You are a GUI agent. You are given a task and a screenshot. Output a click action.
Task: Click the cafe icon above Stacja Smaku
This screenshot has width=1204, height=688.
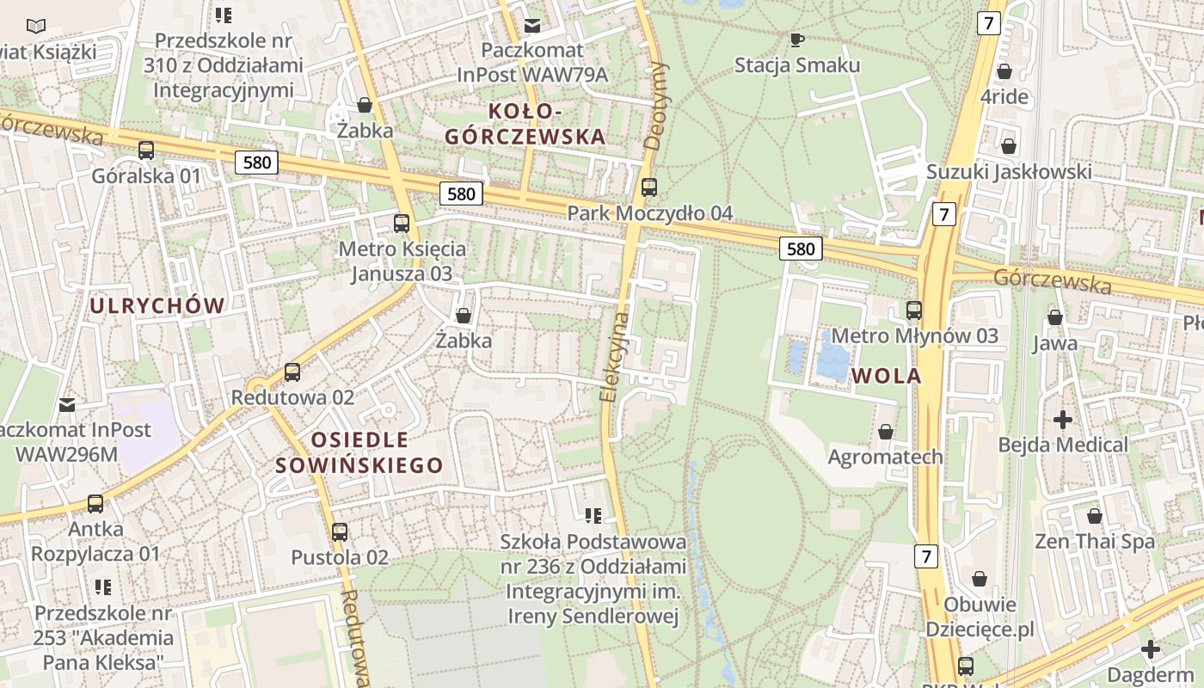point(796,39)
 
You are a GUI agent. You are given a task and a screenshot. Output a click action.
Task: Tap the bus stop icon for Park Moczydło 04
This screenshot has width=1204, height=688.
point(649,187)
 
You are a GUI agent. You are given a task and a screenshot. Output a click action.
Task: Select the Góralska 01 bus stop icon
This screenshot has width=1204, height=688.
point(146,150)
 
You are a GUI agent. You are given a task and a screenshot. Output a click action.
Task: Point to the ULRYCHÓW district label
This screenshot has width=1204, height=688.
point(157,305)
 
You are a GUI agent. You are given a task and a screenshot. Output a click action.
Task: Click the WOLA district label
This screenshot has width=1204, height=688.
point(886,376)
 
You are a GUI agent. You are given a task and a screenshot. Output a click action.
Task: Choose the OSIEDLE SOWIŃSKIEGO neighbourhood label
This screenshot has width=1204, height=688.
point(359,453)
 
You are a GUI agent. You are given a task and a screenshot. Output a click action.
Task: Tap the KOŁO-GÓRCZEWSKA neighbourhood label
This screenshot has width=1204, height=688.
point(525,124)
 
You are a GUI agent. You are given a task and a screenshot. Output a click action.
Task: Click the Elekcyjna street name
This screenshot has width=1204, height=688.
point(614,357)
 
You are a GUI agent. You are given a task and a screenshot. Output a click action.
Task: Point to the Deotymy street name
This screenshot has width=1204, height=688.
point(656,106)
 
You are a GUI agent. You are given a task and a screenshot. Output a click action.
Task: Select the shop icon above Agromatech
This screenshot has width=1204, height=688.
point(886,431)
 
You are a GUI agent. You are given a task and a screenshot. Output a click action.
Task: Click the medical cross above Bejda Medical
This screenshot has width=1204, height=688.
point(1063,420)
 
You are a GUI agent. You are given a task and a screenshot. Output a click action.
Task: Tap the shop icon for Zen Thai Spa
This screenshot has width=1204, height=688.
point(1095,516)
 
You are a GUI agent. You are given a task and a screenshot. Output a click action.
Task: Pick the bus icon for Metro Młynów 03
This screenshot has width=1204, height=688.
point(914,310)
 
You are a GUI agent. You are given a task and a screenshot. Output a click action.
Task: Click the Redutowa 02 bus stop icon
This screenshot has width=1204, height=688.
point(292,372)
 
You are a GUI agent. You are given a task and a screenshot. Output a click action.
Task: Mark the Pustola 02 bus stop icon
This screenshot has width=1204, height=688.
point(340,531)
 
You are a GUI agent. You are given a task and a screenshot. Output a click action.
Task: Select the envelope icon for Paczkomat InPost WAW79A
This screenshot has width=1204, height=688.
point(532,25)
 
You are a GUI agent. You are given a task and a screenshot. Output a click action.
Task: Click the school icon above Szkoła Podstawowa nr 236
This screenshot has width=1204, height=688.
point(593,516)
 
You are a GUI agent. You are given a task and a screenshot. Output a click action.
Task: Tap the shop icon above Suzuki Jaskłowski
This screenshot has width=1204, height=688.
point(1008,146)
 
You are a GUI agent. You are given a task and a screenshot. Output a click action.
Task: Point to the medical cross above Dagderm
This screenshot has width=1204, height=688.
point(1151,648)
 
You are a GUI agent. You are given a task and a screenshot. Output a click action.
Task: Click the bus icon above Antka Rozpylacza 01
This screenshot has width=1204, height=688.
point(95,503)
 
